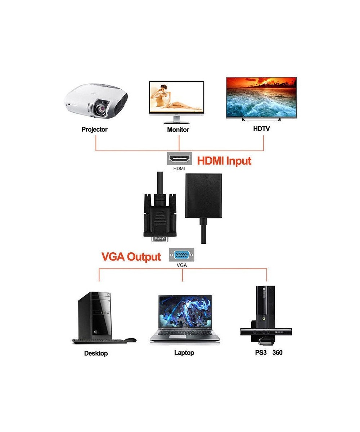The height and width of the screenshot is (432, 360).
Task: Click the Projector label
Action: (94, 129)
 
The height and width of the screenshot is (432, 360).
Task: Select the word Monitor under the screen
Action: (178, 130)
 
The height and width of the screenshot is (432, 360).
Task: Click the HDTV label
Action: (261, 129)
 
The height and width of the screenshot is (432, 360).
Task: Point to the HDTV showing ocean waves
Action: (261, 98)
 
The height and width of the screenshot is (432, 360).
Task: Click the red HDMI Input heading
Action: (224, 160)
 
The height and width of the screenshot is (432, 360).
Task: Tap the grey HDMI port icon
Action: (179, 159)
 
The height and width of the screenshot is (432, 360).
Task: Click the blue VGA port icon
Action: (181, 256)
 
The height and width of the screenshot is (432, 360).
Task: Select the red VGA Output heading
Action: (131, 257)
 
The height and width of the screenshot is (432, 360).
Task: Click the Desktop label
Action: (96, 353)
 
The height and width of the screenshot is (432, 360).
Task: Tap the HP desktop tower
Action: (95, 315)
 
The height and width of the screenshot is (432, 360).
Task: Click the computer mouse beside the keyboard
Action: (130, 340)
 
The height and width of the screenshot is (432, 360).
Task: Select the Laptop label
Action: (184, 352)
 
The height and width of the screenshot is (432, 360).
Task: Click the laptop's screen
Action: (185, 312)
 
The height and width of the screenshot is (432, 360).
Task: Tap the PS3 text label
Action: (261, 352)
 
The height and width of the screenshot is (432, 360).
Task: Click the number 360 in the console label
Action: (277, 352)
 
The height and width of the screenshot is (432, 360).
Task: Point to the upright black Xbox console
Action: (265, 306)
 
